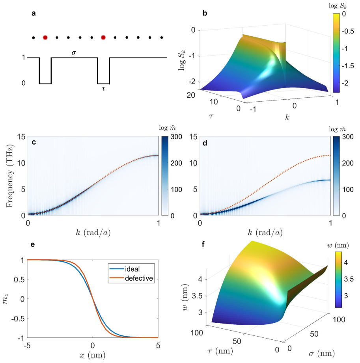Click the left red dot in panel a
45,37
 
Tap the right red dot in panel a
103,37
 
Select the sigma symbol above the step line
74,52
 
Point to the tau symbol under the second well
103,89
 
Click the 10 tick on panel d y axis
193,163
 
